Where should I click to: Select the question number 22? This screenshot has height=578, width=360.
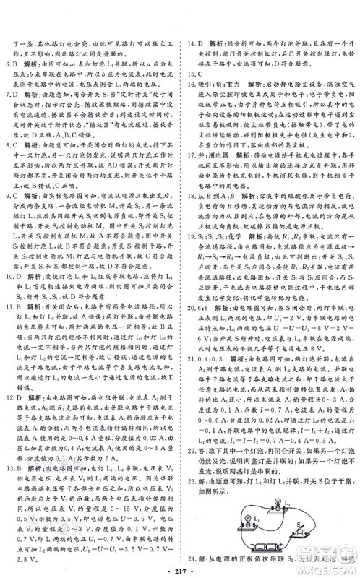pos(192,466)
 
